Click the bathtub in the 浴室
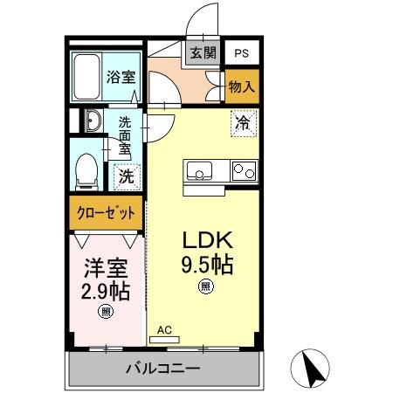tap(87, 77)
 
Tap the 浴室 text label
tap(121, 77)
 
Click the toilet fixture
tap(86, 171)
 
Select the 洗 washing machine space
tap(127, 176)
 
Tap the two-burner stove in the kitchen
tap(243, 172)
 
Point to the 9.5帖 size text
tap(206, 264)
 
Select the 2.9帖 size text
tap(105, 291)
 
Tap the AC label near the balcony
tap(164, 330)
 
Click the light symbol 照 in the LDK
tap(206, 286)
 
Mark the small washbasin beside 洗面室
tap(93, 121)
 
